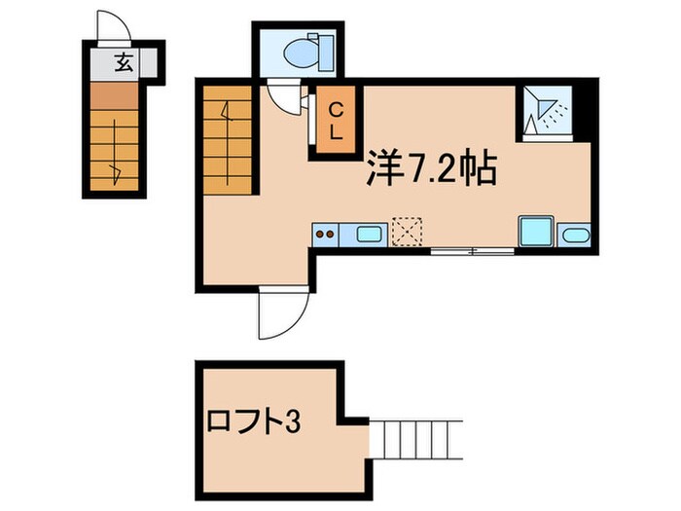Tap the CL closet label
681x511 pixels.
pyautogui.click(x=335, y=123)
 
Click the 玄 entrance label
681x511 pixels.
pyautogui.click(x=123, y=64)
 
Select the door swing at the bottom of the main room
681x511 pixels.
pyautogui.click(x=282, y=313)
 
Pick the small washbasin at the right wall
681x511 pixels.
pyautogui.click(x=575, y=235)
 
